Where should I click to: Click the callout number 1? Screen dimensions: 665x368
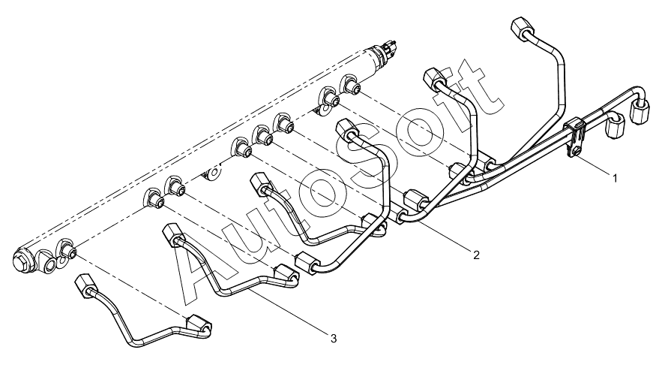(x=614, y=178)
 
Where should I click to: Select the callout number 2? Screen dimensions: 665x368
(x=476, y=255)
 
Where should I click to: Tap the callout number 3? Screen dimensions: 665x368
(x=334, y=339)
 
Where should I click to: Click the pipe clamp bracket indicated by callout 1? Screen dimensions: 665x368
(x=575, y=137)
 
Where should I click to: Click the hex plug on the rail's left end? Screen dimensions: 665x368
(x=22, y=261)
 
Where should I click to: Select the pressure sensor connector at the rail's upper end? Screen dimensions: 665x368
(x=93, y=46)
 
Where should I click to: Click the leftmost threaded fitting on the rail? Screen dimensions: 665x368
(x=67, y=249)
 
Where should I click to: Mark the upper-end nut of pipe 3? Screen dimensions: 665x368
(x=172, y=234)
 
